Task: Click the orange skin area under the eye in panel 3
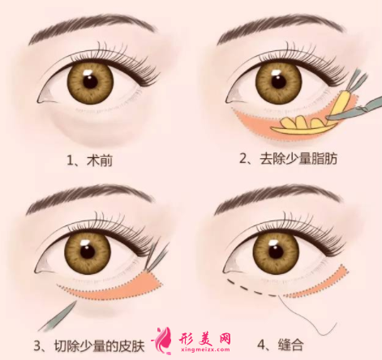pyautogui.click(x=130, y=285)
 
